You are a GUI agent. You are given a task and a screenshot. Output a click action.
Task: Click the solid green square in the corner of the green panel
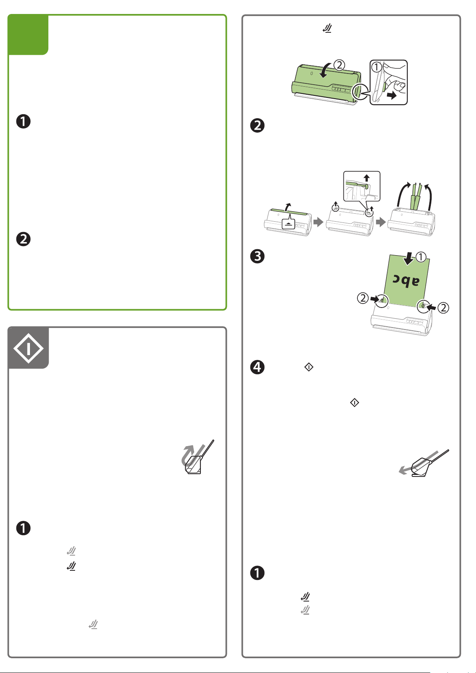[x=28, y=35]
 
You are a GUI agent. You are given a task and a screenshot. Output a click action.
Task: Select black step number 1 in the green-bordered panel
[x=24, y=122]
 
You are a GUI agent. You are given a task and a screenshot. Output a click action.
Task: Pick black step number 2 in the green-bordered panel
[x=24, y=239]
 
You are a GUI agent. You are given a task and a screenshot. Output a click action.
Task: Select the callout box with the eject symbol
[x=288, y=224]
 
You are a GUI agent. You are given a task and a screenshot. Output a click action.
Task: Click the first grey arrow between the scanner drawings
[x=318, y=222]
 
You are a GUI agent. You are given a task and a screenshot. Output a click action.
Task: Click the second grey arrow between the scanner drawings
[x=381, y=222]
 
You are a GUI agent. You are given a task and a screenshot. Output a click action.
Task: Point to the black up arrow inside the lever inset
[x=367, y=178]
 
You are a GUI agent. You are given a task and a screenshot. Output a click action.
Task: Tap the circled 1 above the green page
[x=421, y=258]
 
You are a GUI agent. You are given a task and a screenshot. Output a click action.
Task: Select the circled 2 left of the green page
[x=363, y=298]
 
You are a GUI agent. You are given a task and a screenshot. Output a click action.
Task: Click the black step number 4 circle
[x=258, y=367]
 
